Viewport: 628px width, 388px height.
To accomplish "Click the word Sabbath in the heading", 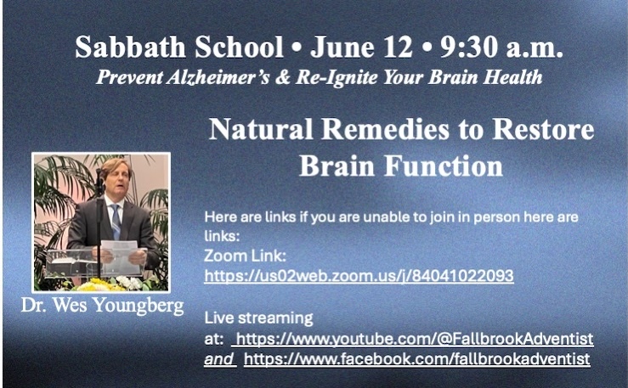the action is click(131, 48).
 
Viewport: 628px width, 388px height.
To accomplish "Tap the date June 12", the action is click(361, 48).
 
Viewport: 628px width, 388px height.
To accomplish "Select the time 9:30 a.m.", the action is click(502, 48).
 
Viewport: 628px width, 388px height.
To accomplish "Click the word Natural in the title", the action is click(261, 129).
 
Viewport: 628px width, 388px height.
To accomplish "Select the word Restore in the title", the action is click(543, 129).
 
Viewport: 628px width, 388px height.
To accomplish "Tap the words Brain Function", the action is click(401, 166).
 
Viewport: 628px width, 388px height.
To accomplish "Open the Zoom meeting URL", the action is click(359, 276).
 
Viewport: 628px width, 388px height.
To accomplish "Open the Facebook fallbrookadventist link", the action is click(417, 359).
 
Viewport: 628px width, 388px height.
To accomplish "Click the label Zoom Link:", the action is click(245, 256).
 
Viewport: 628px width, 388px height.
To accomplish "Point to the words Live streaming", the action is click(258, 318).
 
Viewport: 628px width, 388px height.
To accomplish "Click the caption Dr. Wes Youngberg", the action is click(103, 306).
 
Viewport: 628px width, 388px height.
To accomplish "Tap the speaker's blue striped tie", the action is click(116, 222).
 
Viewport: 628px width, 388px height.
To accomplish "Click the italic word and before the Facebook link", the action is click(218, 359).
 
